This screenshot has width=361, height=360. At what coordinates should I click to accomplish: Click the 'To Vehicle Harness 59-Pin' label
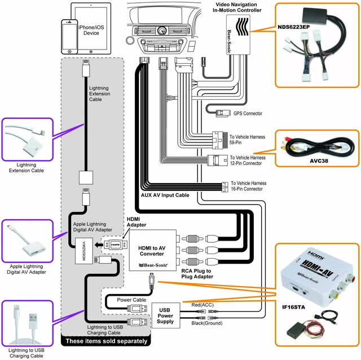coord(247,139)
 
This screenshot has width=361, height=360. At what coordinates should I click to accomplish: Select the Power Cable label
coord(131,300)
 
